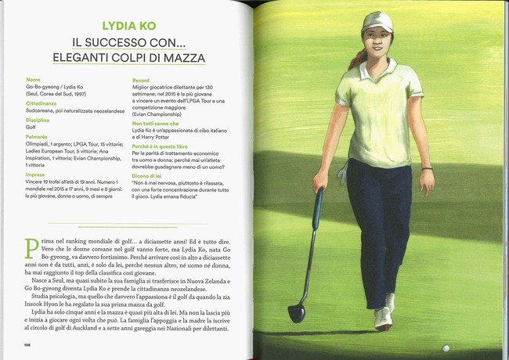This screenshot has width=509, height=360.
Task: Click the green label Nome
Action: pyautogui.click(x=33, y=80)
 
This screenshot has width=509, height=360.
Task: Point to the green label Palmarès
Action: pyautogui.click(x=38, y=136)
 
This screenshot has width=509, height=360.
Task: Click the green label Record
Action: pyautogui.click(x=142, y=80)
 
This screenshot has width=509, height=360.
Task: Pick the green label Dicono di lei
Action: pyautogui.click(x=151, y=175)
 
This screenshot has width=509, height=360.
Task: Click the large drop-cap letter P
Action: pyautogui.click(x=31, y=250)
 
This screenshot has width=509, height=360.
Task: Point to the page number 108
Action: pyautogui.click(x=27, y=344)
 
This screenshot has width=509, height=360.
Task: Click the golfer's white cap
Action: pyautogui.click(x=377, y=22)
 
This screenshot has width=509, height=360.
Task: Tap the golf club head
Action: pyautogui.click(x=296, y=312)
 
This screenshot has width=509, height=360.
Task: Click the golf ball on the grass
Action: pyautogui.click(x=446, y=347)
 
